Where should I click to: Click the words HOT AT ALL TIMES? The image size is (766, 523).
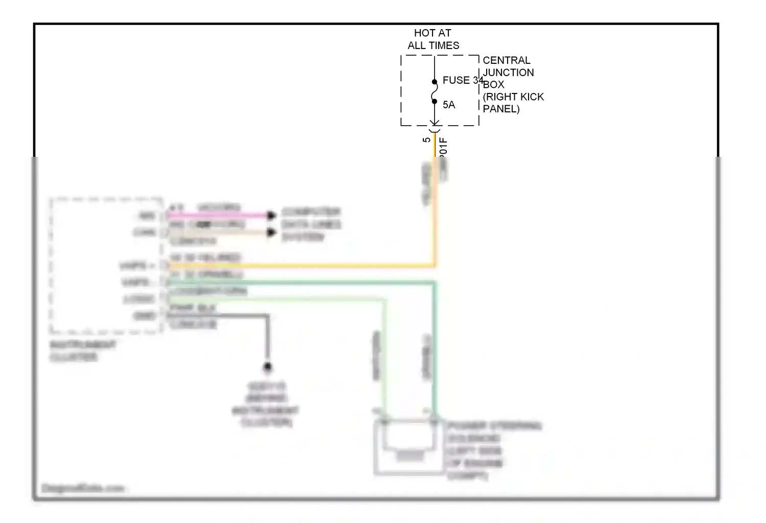click(x=433, y=39)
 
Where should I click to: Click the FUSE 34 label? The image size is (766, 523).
click(x=462, y=80)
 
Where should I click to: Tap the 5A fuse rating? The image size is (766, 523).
click(x=448, y=105)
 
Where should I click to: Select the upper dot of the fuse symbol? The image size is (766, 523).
click(x=435, y=82)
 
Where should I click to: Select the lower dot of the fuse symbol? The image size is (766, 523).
click(x=435, y=101)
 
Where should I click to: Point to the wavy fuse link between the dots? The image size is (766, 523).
click(x=435, y=92)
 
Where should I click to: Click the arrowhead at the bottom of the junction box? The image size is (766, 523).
click(x=435, y=123)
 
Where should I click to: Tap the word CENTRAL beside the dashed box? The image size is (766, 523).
click(x=506, y=60)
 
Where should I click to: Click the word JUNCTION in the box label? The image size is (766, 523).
click(x=508, y=73)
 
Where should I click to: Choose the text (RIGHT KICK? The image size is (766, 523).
click(x=513, y=97)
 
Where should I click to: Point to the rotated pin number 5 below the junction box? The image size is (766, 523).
click(x=426, y=139)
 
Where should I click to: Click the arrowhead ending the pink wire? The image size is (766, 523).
click(x=272, y=216)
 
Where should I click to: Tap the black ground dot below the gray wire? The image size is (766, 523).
click(x=267, y=367)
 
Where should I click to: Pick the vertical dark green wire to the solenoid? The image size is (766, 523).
click(x=435, y=347)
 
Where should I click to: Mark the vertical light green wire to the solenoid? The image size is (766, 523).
click(x=385, y=358)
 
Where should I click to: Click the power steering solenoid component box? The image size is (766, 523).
click(x=409, y=447)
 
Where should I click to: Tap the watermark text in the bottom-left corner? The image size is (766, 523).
click(x=83, y=488)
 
